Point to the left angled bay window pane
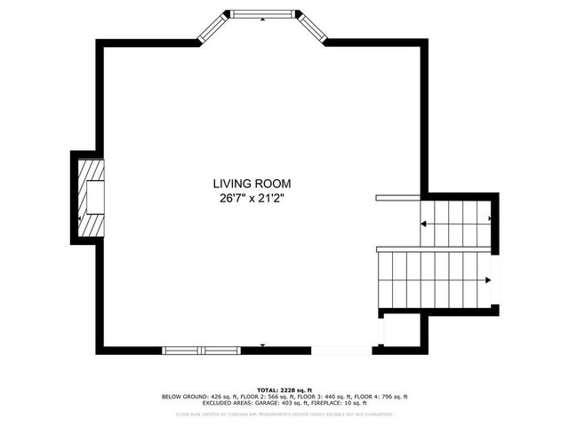209,28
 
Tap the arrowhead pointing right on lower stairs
486,281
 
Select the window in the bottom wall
202,350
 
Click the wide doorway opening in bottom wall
341,350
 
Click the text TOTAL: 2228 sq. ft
284,390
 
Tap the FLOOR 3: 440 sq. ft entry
319,396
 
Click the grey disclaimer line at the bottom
284,414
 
